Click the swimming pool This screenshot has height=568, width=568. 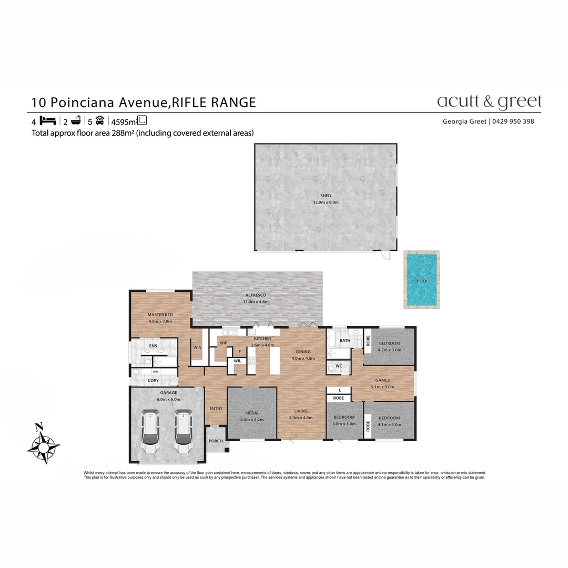[x=422, y=280]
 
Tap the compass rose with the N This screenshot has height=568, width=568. [x=43, y=444]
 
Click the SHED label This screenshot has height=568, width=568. [x=326, y=196]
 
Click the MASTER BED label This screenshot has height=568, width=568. [x=160, y=315]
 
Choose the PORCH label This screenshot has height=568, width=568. [x=216, y=441]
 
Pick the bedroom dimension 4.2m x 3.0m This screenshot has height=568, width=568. [x=389, y=349]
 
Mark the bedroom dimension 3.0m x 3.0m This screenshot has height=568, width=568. [x=344, y=423]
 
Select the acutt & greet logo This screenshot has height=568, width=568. [x=489, y=101]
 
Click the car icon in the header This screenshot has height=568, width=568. [x=100, y=120]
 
